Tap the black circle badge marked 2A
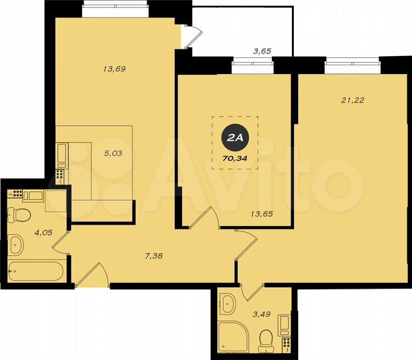point(235,138)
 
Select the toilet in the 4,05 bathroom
point(19,215)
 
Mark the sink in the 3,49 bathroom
point(229,304)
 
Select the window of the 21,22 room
point(352,66)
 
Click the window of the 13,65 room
point(253,66)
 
